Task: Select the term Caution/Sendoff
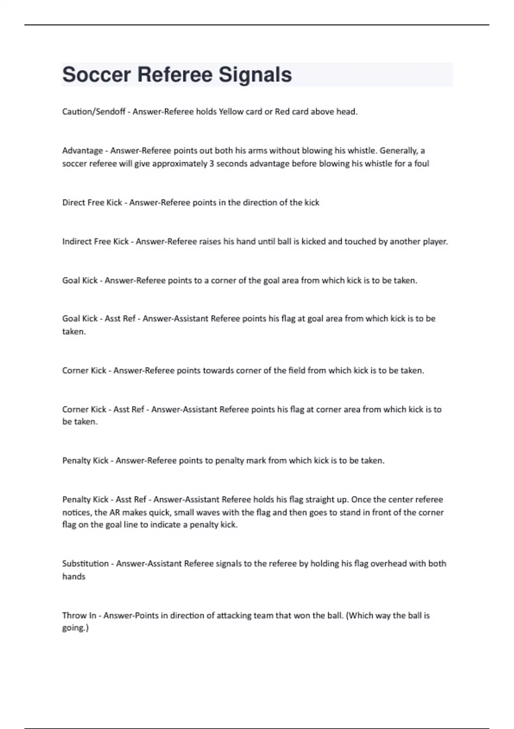tap(93, 111)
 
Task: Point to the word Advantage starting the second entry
tap(83, 151)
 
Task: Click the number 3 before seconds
tap(212, 163)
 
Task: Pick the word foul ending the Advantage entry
tap(421, 163)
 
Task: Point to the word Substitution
tap(85, 563)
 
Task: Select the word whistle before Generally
tap(360, 151)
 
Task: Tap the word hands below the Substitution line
tap(74, 577)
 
